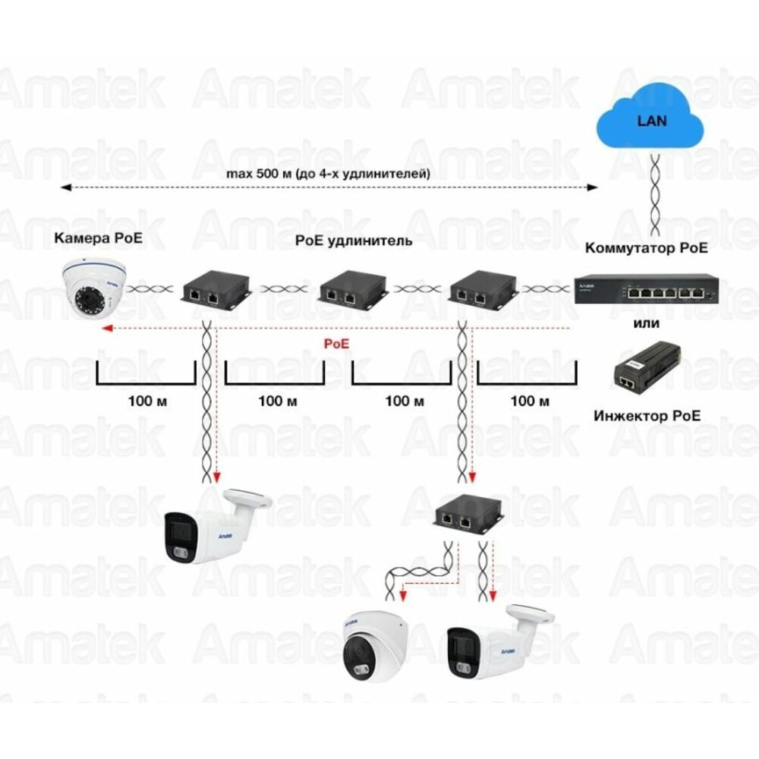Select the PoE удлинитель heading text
point(354,241)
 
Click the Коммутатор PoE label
point(647,248)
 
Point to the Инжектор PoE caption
point(647,415)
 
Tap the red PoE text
point(337,343)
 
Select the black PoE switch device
point(645,289)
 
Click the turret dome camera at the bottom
point(374,643)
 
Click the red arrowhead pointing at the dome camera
point(110,329)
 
